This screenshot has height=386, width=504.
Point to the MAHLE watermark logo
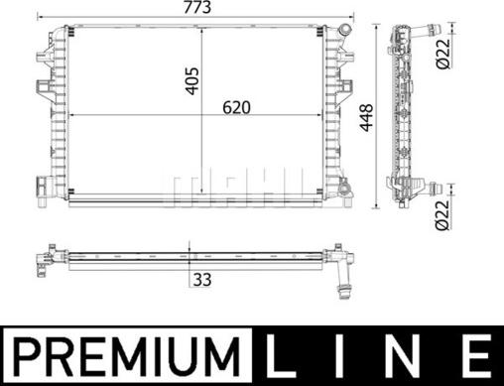pos(235,185)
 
